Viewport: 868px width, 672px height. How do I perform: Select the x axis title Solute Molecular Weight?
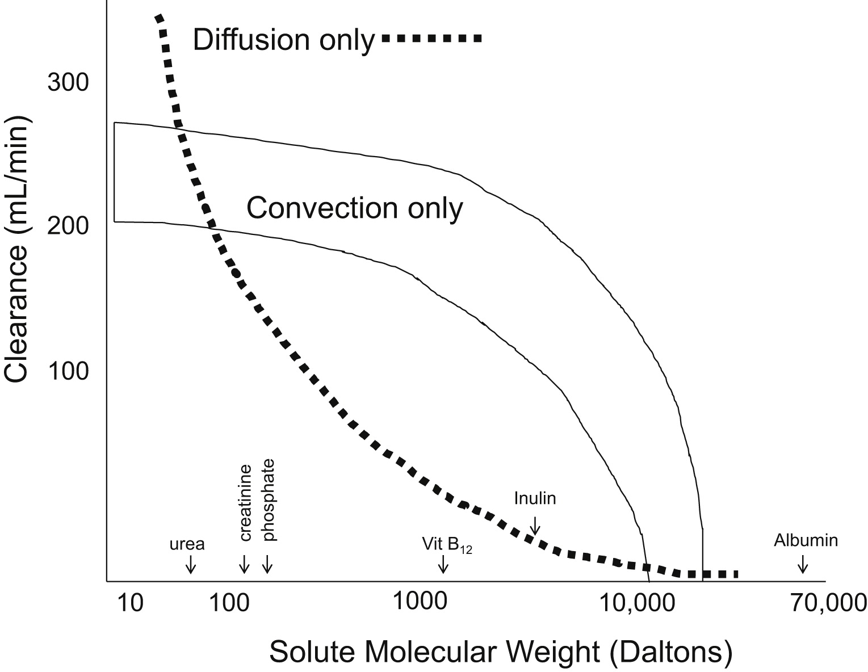click(500, 652)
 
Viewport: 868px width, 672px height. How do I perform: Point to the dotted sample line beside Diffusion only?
click(431, 39)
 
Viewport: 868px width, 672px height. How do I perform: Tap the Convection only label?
click(354, 208)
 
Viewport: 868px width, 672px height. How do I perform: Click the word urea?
click(187, 545)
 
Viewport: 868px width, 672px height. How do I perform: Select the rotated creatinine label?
click(245, 504)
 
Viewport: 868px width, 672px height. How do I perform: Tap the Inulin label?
click(535, 498)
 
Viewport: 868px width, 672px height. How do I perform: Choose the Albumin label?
click(806, 540)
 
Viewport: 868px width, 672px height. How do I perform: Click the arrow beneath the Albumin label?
click(802, 564)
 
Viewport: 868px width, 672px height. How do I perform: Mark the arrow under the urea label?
click(190, 564)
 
